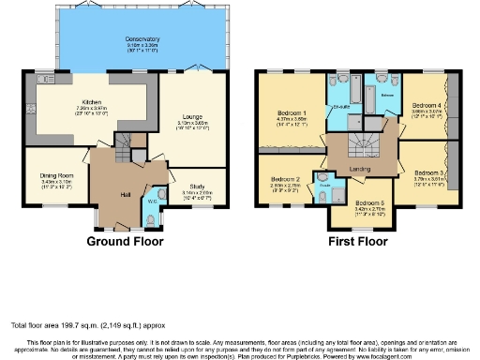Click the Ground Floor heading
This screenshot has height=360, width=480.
click(125, 241)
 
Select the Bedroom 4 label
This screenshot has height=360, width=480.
click(427, 106)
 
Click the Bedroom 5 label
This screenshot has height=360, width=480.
click(370, 202)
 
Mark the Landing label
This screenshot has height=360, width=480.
click(360, 169)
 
